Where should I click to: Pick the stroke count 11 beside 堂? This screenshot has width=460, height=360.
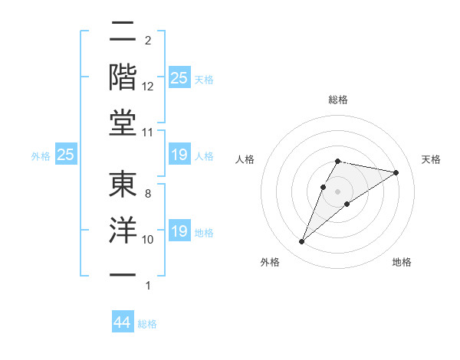148,133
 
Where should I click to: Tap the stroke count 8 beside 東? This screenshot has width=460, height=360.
148,195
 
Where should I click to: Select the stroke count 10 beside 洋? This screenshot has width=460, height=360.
148,241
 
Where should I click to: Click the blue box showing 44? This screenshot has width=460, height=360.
123,322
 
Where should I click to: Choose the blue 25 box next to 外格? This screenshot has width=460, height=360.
66,155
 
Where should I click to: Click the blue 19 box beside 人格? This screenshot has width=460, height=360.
179,155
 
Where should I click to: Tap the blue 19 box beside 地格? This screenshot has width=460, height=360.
179,231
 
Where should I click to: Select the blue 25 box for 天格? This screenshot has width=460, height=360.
179,77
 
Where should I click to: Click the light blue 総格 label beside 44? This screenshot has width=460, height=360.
147,324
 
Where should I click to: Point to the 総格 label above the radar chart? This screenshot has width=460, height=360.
337,100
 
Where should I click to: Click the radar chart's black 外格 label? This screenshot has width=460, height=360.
270,262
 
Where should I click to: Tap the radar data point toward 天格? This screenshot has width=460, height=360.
396,173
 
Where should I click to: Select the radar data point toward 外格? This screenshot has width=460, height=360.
302,242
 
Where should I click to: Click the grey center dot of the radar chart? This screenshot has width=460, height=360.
337,191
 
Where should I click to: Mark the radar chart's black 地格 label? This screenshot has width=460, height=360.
402,262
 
